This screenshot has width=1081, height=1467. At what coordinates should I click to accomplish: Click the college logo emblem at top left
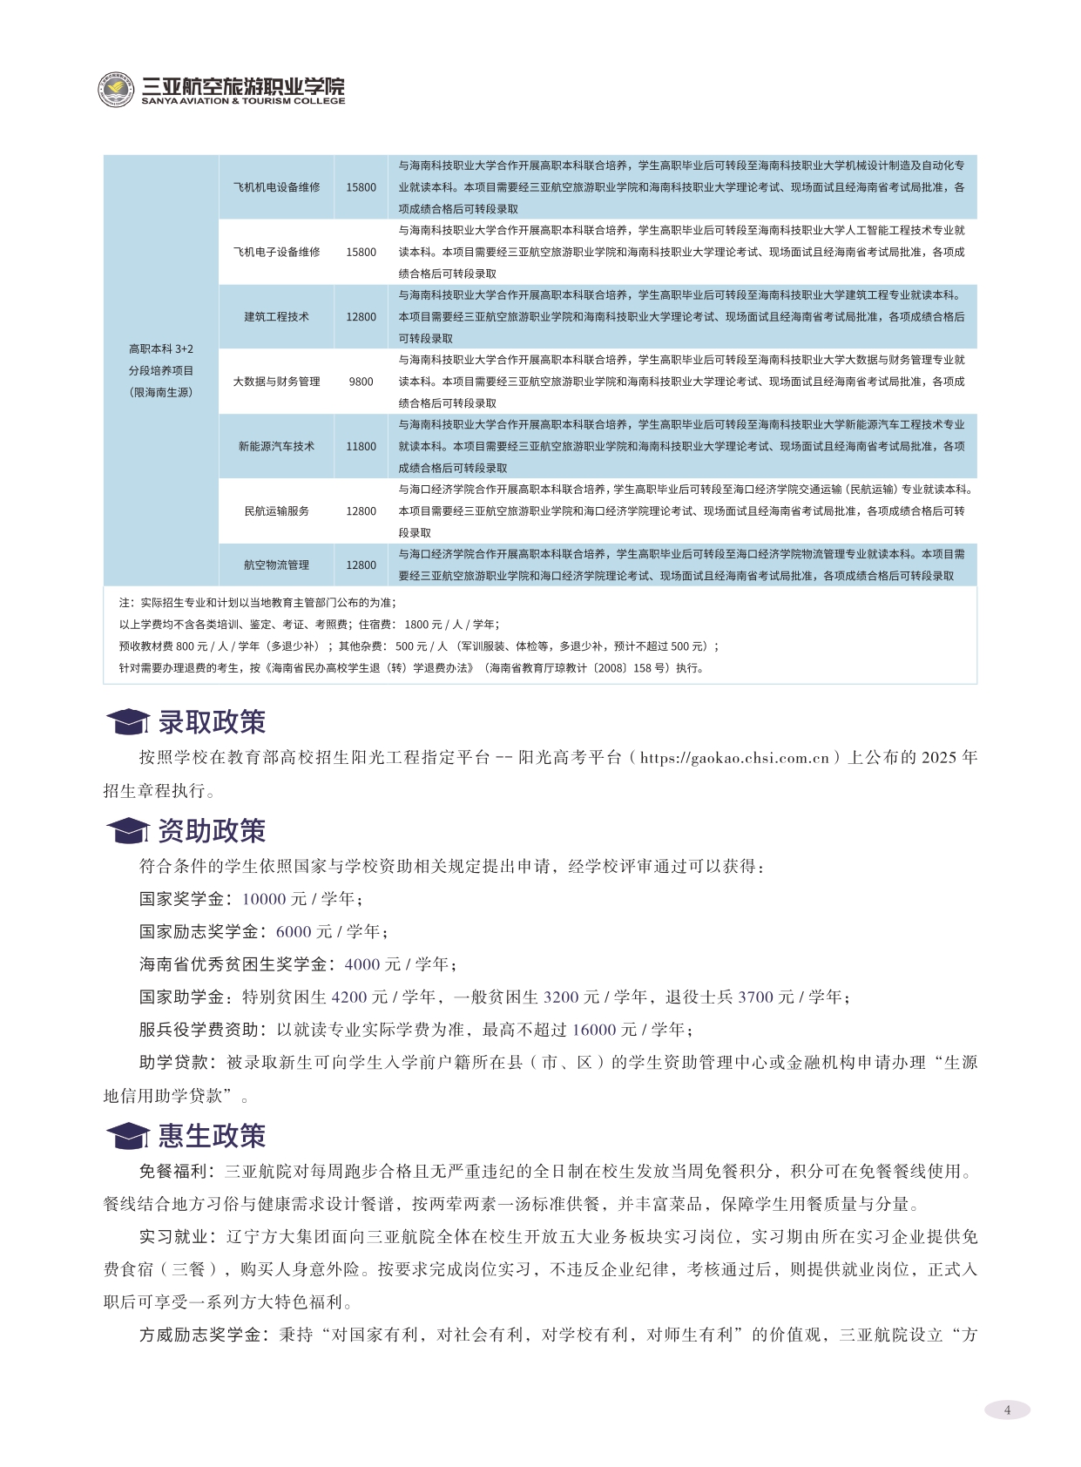coord(116,90)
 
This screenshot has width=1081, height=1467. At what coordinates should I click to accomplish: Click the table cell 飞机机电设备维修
coord(276,187)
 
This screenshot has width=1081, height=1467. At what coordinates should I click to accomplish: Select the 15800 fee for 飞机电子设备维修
coord(361,252)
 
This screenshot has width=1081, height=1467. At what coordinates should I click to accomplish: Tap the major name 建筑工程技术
coord(276,317)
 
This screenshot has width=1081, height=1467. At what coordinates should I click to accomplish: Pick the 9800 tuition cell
coord(361,382)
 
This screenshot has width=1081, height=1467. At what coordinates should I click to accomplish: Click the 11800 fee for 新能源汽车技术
coord(361,446)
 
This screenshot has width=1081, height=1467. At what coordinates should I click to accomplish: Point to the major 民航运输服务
coord(276,511)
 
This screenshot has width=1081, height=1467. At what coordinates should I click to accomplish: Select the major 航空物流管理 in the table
coord(276,565)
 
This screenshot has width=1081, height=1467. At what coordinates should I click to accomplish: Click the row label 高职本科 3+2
coord(161,349)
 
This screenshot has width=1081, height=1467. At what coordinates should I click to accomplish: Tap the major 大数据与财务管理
coord(276,382)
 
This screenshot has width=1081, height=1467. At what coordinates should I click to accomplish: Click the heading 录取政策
coord(212,722)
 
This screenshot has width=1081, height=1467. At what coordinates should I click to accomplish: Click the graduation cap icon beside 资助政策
coord(127,831)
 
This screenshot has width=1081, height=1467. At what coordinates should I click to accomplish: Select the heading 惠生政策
coord(212,1136)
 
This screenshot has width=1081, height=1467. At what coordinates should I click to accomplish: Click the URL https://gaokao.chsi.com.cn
coord(734,758)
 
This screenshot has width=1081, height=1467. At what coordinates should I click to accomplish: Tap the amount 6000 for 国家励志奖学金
coord(294,932)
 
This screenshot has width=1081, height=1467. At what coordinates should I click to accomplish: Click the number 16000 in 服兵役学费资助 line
coord(593,1030)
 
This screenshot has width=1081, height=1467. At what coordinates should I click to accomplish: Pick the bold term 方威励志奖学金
coord(199,1335)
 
